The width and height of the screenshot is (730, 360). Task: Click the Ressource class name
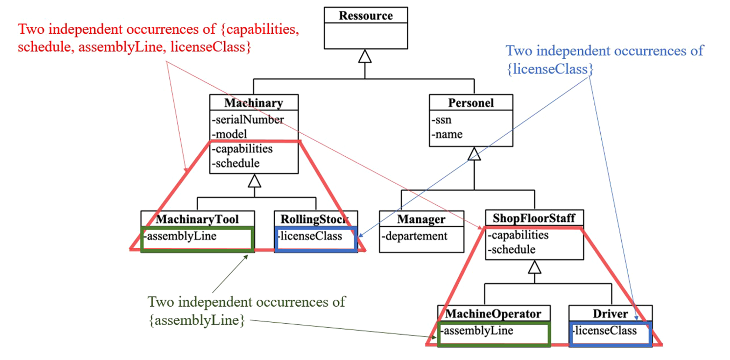(365, 15)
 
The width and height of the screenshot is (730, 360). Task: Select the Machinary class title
(254, 103)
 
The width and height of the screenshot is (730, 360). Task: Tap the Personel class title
(471, 103)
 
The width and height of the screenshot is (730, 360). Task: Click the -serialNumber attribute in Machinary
(248, 119)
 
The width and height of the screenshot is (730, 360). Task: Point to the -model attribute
(229, 134)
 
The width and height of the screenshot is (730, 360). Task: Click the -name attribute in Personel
(447, 134)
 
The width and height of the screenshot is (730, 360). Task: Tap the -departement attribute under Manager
(415, 236)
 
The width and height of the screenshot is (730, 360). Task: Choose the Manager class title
(422, 219)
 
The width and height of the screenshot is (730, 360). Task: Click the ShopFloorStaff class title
(534, 217)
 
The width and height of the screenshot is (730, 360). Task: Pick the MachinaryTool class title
(198, 218)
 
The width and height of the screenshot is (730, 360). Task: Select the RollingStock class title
(315, 218)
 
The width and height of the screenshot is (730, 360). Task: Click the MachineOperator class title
(494, 313)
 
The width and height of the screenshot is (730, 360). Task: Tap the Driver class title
(610, 313)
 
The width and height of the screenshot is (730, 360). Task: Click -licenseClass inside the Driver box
(605, 330)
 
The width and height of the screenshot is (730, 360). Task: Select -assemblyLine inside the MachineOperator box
(477, 331)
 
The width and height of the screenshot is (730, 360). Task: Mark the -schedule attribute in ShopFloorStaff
(513, 250)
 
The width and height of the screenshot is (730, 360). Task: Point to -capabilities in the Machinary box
(242, 148)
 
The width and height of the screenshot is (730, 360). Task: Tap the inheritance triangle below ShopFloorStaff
(534, 267)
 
